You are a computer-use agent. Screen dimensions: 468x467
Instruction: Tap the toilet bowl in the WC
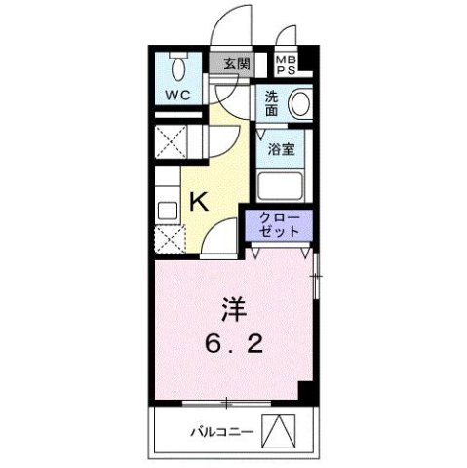pos(178,68)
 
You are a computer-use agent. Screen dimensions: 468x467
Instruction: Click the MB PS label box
pos(286,64)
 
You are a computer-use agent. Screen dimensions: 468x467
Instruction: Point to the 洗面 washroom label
pos(272,103)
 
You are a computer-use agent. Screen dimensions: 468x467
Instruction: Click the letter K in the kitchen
pos(199,202)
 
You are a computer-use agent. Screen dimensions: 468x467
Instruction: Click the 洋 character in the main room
pos(233,311)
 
